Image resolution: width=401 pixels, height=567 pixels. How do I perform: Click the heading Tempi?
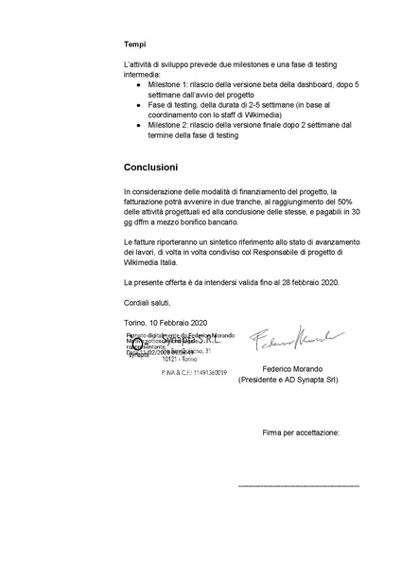point(133,44)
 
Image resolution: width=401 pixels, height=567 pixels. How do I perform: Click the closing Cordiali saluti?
point(148,303)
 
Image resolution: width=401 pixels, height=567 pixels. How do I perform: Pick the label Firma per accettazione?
point(301,432)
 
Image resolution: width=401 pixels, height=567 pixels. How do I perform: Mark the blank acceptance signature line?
point(298,485)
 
